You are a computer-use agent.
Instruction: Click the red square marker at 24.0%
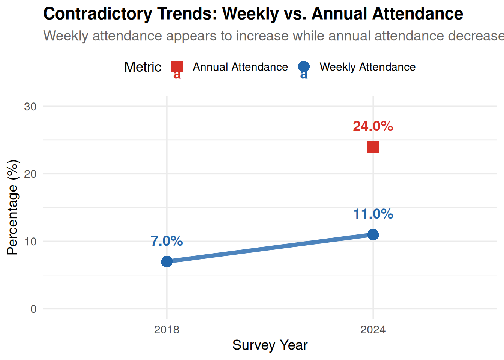[x=373, y=147]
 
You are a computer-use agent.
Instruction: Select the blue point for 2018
[x=167, y=261]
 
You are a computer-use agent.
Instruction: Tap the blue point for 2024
[x=373, y=234]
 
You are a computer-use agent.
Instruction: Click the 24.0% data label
[x=373, y=126]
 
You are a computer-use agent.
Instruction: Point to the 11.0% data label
[x=373, y=214]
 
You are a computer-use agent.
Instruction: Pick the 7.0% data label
[x=166, y=241]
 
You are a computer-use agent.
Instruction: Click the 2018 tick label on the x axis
[x=166, y=330]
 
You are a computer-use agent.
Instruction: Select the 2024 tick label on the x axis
[x=373, y=330]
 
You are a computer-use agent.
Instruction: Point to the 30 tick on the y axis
[x=30, y=106]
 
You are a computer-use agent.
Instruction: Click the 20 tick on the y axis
[x=30, y=174]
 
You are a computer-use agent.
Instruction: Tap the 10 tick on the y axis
[x=30, y=241]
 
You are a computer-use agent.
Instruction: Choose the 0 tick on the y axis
[x=33, y=309]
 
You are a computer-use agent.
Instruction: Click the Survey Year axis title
[x=270, y=345]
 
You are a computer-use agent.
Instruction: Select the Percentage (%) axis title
[x=12, y=207]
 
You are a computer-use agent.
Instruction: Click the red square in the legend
[x=177, y=67]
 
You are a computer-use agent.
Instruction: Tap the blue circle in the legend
[x=304, y=67]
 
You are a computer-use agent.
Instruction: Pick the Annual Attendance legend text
[x=240, y=67]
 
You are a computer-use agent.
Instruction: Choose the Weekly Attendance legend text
[x=367, y=67]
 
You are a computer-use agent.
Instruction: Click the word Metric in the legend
[x=142, y=67]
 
